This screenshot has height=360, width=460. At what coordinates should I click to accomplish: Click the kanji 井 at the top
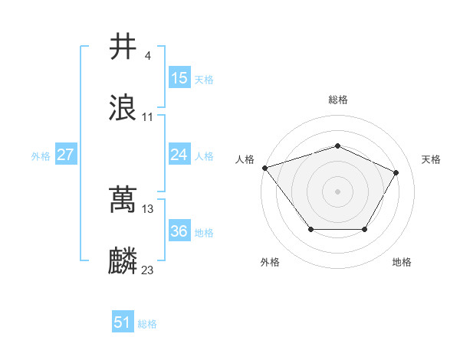pyautogui.click(x=123, y=47)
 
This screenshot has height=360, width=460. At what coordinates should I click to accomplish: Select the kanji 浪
pyautogui.click(x=123, y=108)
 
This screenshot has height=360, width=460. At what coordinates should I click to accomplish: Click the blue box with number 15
pyautogui.click(x=179, y=78)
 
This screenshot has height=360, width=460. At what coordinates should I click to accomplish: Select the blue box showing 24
pyautogui.click(x=179, y=155)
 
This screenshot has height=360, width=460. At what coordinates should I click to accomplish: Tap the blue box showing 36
pyautogui.click(x=179, y=231)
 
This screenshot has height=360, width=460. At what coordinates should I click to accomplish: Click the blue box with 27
pyautogui.click(x=66, y=155)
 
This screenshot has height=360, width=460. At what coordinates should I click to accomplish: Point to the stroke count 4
pyautogui.click(x=147, y=56)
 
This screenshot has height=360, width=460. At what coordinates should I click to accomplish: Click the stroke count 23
pyautogui.click(x=148, y=270)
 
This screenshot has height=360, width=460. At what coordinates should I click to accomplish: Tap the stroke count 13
pyautogui.click(x=148, y=208)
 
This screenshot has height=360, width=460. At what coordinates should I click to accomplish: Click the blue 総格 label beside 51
pyautogui.click(x=147, y=324)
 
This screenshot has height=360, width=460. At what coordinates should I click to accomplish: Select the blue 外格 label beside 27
pyautogui.click(x=41, y=155)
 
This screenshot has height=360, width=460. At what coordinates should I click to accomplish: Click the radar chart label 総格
pyautogui.click(x=337, y=100)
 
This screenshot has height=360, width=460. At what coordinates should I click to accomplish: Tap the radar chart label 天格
pyautogui.click(x=431, y=159)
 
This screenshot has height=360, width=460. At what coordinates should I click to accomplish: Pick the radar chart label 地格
pyautogui.click(x=402, y=262)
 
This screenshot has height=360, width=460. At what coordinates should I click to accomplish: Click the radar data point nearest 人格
pyautogui.click(x=264, y=167)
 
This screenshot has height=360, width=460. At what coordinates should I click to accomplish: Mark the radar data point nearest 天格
pyautogui.click(x=396, y=172)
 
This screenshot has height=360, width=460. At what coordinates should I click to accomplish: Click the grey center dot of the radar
pyautogui.click(x=337, y=191)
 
